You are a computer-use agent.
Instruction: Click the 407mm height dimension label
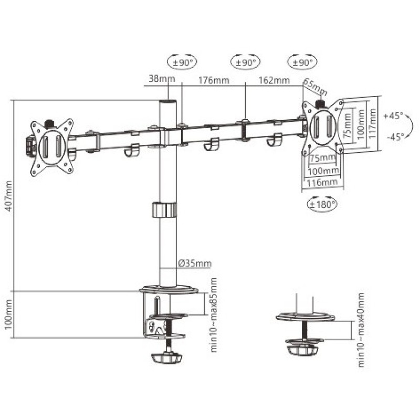point(9,196)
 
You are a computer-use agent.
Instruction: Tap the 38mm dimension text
point(162,79)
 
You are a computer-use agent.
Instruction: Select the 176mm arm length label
point(214,80)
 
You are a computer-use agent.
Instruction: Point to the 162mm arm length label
point(274,80)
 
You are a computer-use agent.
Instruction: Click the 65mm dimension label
point(316,87)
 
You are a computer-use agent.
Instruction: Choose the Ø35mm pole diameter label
point(195,264)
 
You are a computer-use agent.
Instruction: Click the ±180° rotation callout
point(322,204)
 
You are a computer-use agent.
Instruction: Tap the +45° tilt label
point(393,116)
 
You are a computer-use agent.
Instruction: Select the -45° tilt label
point(395,137)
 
